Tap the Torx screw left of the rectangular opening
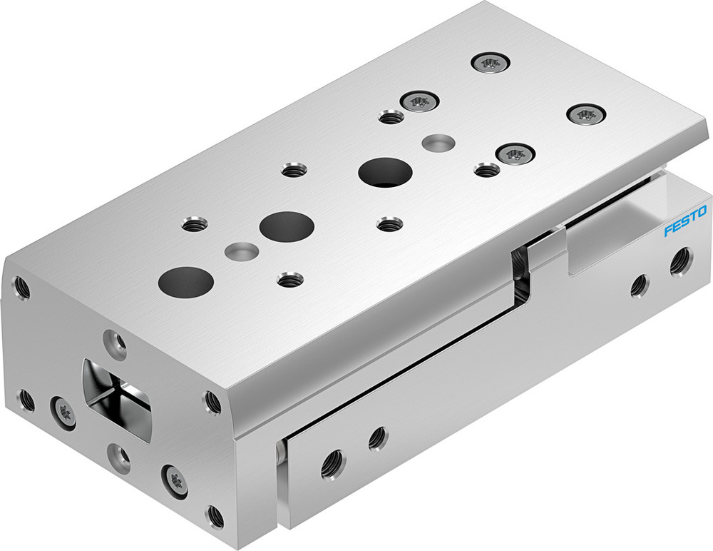coord(62,412)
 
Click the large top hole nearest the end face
coord(186,281)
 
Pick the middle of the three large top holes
coord(287,226)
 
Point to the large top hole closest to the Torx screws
coord(386,172)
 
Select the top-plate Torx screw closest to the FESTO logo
coord(586,113)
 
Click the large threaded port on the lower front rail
coord(332,465)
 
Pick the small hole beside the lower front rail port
coord(377,438)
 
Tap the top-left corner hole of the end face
coord(21,288)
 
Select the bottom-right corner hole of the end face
coord(213,515)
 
